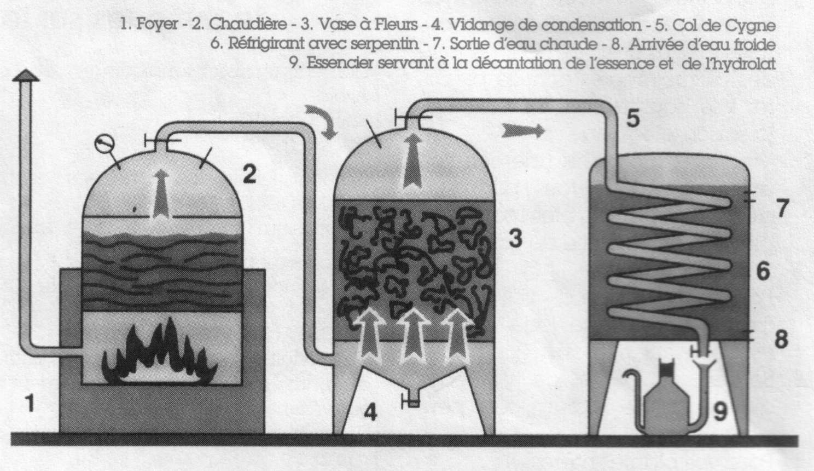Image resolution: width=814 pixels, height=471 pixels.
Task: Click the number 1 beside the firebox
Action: point(30,403)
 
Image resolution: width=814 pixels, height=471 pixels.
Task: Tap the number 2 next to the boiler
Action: point(249,174)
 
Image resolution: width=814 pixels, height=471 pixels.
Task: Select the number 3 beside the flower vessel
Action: point(515,238)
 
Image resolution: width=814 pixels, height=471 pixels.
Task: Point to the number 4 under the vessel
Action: point(370,413)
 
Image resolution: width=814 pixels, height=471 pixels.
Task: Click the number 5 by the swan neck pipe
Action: point(633,118)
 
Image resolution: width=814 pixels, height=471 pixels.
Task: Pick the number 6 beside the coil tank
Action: point(763,272)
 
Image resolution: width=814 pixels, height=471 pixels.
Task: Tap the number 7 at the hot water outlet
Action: point(783,208)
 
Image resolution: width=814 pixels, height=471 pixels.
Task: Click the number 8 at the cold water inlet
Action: point(781,339)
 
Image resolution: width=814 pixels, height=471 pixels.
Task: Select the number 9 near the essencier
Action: point(720,412)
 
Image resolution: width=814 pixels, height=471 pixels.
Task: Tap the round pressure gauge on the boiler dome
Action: point(104,143)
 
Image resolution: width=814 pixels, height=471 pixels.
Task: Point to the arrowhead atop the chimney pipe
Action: point(26,75)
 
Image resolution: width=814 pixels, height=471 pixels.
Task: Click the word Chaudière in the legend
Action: point(248,25)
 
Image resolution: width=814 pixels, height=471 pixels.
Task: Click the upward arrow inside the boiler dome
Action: point(161,194)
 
